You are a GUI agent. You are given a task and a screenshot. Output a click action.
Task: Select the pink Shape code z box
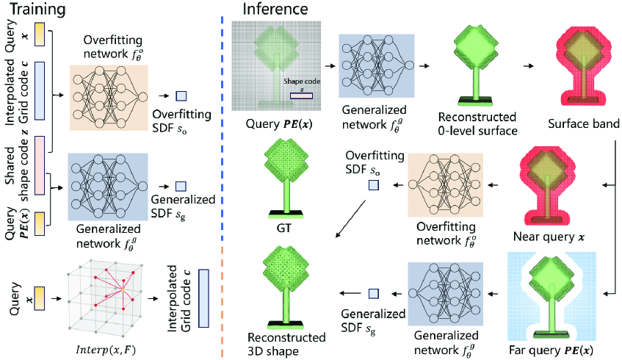(300, 94)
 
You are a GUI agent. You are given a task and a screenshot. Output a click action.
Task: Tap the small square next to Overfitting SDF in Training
(181, 96)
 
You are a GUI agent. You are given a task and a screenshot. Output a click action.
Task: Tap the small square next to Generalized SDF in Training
(181, 186)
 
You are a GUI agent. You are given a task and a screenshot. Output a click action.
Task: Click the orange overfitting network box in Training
(109, 96)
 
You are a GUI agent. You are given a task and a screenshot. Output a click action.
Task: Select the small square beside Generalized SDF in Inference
(373, 294)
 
